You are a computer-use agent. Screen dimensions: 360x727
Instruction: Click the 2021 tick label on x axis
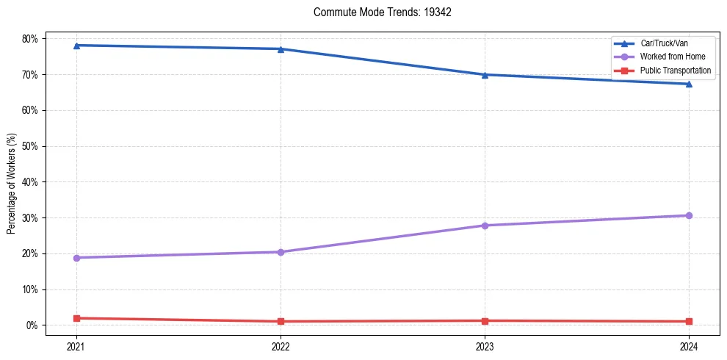pyautogui.click(x=76, y=345)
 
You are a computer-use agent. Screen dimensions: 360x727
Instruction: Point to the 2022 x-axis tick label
pyautogui.click(x=281, y=345)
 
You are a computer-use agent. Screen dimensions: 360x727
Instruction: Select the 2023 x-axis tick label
pyautogui.click(x=485, y=345)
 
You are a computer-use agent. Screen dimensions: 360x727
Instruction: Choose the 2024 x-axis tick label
pyautogui.click(x=689, y=345)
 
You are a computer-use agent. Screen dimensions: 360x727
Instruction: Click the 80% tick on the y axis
pyautogui.click(x=33, y=38)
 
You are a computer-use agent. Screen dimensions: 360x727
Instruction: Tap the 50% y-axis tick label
pyautogui.click(x=33, y=146)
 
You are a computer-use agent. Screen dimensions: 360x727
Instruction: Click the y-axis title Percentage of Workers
pyautogui.click(x=12, y=182)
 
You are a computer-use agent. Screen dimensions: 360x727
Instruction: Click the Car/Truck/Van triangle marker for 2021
pyautogui.click(x=76, y=46)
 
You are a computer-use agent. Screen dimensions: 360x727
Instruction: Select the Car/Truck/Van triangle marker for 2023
pyautogui.click(x=485, y=74)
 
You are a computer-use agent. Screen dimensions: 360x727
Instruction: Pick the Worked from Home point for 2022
pyautogui.click(x=281, y=252)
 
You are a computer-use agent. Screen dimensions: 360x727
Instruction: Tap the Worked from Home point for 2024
pyautogui.click(x=689, y=215)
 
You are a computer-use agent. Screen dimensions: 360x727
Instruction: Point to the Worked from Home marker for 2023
pyautogui.click(x=485, y=226)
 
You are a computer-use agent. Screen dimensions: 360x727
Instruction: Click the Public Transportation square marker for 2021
pyautogui.click(x=76, y=318)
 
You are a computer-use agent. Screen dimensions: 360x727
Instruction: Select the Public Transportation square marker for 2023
pyautogui.click(x=485, y=320)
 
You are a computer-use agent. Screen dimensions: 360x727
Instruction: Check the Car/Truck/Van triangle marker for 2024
pyautogui.click(x=689, y=84)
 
